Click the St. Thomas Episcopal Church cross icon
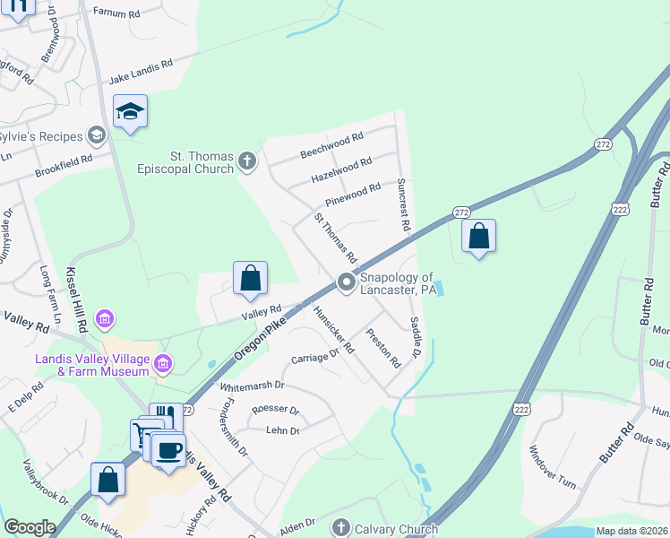click(248, 162)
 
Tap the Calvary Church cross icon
click(339, 527)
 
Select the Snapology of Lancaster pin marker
click(347, 282)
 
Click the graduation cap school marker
click(130, 111)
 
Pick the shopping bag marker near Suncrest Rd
click(479, 237)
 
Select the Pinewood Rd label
click(353, 193)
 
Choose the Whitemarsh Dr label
click(252, 386)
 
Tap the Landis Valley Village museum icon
click(163, 363)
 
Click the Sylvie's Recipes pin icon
click(97, 135)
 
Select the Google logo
click(30, 527)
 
